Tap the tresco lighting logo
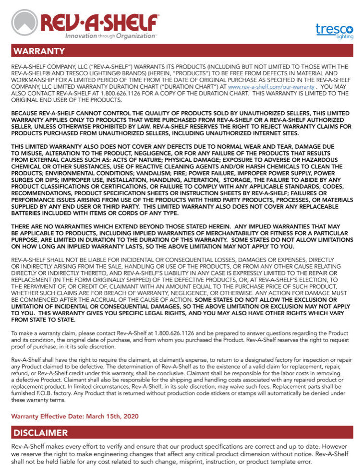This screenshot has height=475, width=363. click(334, 31)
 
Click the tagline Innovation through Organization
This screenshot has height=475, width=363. click(110, 36)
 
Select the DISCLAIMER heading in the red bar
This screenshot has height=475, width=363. click(40, 433)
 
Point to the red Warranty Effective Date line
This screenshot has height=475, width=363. click(74, 416)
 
